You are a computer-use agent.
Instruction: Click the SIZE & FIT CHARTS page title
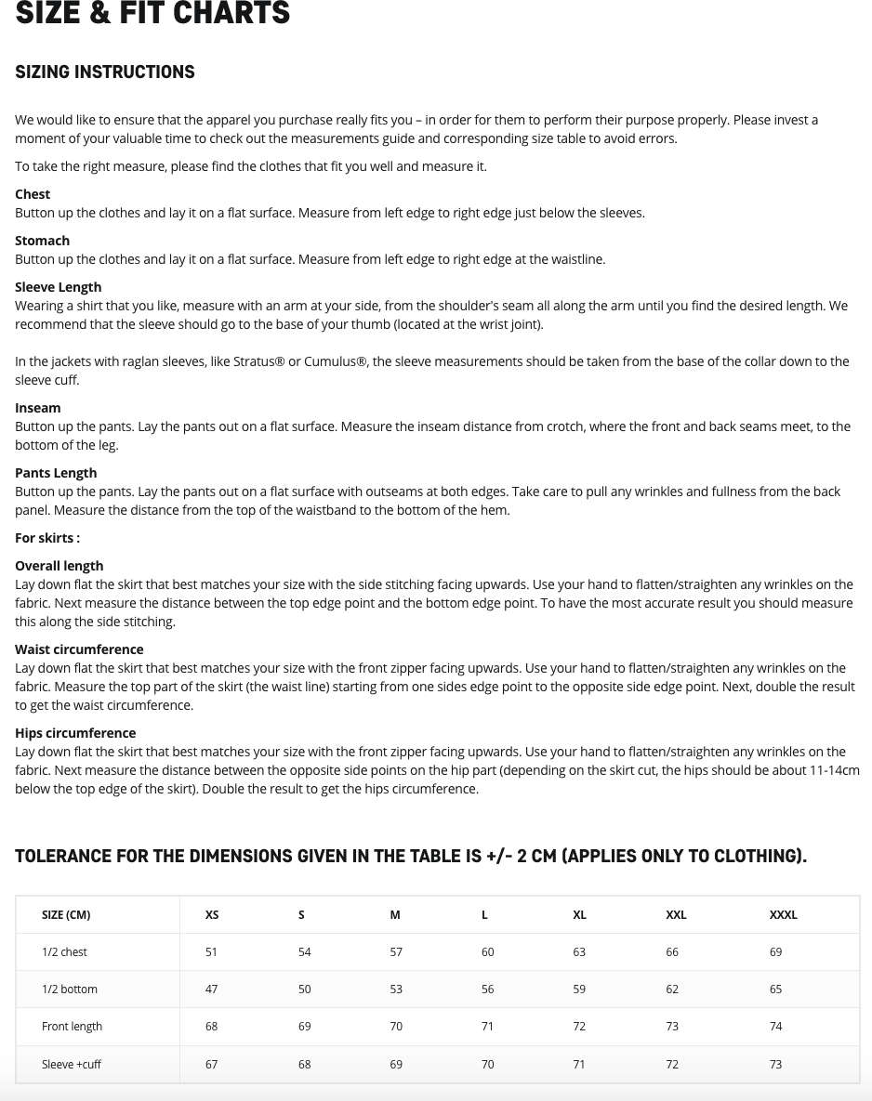[152, 14]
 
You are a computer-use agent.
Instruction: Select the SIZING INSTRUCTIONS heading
[105, 72]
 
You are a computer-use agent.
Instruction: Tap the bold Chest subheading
[33, 194]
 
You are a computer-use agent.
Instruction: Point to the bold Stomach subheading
[42, 241]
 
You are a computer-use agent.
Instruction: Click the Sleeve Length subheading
[58, 287]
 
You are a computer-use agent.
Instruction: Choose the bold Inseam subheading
[37, 408]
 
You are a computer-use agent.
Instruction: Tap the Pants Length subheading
[56, 473]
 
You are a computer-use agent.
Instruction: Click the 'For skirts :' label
[47, 538]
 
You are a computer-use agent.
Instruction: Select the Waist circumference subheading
[79, 649]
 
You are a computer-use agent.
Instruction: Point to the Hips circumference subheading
[75, 733]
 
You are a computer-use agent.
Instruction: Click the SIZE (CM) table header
[66, 915]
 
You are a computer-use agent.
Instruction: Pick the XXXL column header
[783, 915]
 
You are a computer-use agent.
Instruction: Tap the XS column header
[212, 915]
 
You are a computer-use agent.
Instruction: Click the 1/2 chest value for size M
[396, 952]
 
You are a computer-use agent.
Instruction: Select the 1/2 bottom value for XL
[579, 990]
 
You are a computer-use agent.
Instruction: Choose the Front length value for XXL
[672, 1027]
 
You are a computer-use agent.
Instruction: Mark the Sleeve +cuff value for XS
[211, 1065]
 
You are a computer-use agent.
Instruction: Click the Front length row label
[72, 1027]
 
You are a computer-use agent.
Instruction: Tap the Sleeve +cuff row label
[72, 1065]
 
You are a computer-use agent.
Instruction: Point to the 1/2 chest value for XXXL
[775, 952]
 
